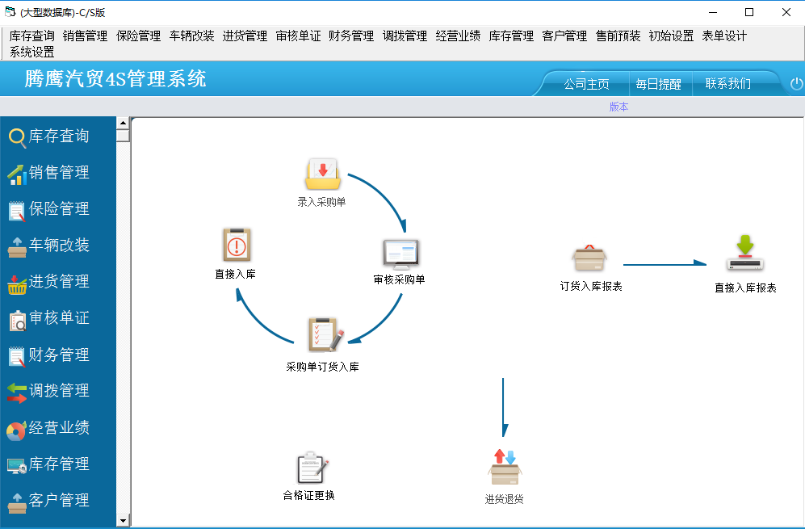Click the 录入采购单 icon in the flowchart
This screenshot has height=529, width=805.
coord(322,174)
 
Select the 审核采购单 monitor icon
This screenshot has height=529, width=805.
coord(401,254)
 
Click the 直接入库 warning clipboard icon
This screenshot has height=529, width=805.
coord(237,245)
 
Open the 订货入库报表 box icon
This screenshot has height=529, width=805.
coord(589,258)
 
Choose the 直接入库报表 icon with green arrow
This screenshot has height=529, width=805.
coord(745,254)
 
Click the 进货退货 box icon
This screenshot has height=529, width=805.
coord(505,467)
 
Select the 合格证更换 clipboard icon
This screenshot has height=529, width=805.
coord(312,468)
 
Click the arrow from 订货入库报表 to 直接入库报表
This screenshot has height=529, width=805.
coord(665,265)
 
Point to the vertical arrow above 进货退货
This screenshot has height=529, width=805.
coord(504,407)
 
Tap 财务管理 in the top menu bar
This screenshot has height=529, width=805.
coord(351,36)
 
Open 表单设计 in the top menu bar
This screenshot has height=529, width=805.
coord(724,36)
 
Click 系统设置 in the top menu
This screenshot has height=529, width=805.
coord(31,52)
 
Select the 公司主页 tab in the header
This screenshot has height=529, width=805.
coord(586,84)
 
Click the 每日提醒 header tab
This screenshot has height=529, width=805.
coord(658,84)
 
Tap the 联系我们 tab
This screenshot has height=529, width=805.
coord(728,83)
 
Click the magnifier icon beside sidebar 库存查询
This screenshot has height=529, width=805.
coord(17,137)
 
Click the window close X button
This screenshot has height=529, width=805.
coord(786,12)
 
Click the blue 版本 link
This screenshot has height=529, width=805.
coord(618,107)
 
